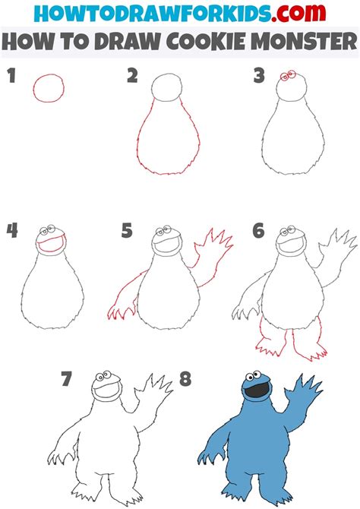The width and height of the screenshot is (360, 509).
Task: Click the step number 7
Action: pos(68,378)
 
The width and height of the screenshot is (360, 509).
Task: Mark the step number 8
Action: pos(184,378)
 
